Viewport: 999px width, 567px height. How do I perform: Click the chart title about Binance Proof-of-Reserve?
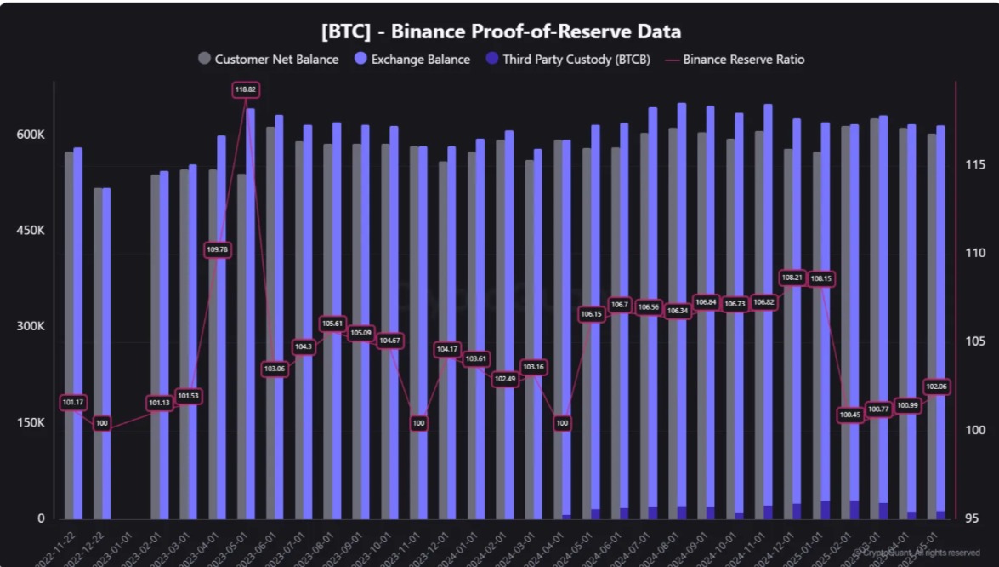tap(501, 32)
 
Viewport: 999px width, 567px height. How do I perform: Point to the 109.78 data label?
tap(217, 249)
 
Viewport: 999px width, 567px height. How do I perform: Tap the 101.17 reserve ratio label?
tap(73, 402)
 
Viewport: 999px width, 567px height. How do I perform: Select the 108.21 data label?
tap(792, 278)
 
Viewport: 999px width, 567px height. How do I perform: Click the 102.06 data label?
tap(936, 387)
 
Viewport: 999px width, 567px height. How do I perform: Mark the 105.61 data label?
tap(332, 324)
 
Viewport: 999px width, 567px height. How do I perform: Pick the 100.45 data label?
tap(849, 415)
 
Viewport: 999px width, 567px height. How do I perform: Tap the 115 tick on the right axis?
tap(974, 163)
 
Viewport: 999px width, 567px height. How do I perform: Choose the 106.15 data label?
tap(591, 314)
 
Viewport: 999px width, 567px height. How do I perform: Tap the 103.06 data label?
tap(275, 369)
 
